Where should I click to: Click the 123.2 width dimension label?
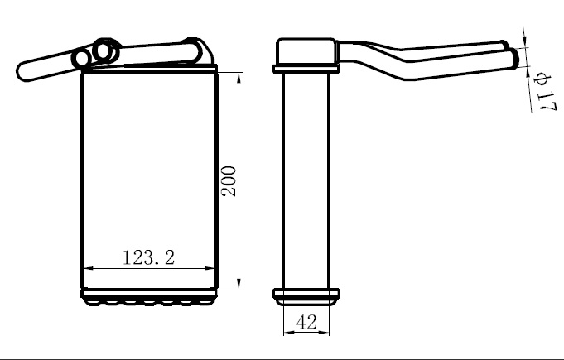pos(148,257)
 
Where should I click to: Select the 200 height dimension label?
pos(229,180)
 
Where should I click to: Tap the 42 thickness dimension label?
pos(306,322)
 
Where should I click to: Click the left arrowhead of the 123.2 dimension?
pos(88,268)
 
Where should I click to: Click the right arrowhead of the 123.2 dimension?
pos(210,268)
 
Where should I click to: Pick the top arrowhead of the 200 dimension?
pos(239,78)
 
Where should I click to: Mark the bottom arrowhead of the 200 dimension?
pos(239,284)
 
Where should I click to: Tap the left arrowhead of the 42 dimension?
pos(288,333)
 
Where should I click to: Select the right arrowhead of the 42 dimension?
pos(325,333)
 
